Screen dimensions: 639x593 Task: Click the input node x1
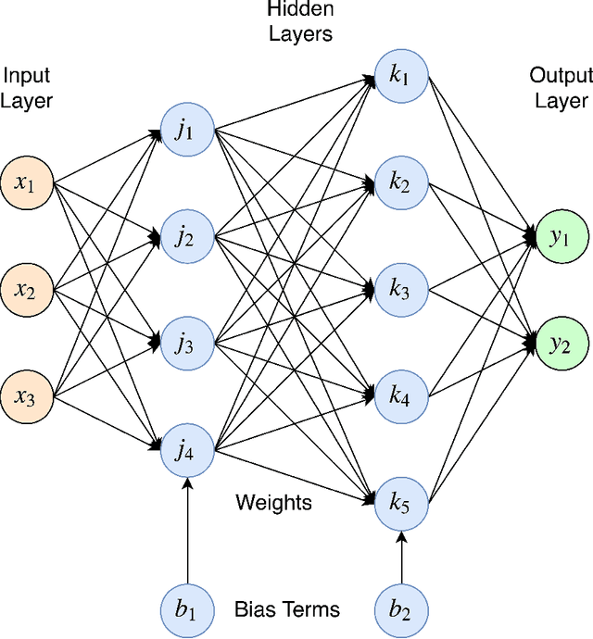[x=27, y=184]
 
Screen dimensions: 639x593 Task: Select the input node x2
[x=27, y=292]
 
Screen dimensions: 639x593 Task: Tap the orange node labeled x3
[x=27, y=398]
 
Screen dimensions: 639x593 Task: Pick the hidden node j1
[x=187, y=131]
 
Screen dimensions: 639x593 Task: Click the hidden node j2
[x=187, y=238]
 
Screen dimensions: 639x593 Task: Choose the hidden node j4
[x=187, y=452]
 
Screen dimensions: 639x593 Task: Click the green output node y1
[x=562, y=238]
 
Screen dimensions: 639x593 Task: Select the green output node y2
[x=562, y=345]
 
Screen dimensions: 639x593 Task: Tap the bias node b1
[x=187, y=608]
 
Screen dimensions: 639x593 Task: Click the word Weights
[x=273, y=503]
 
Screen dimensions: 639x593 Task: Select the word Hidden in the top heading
[x=287, y=11]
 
